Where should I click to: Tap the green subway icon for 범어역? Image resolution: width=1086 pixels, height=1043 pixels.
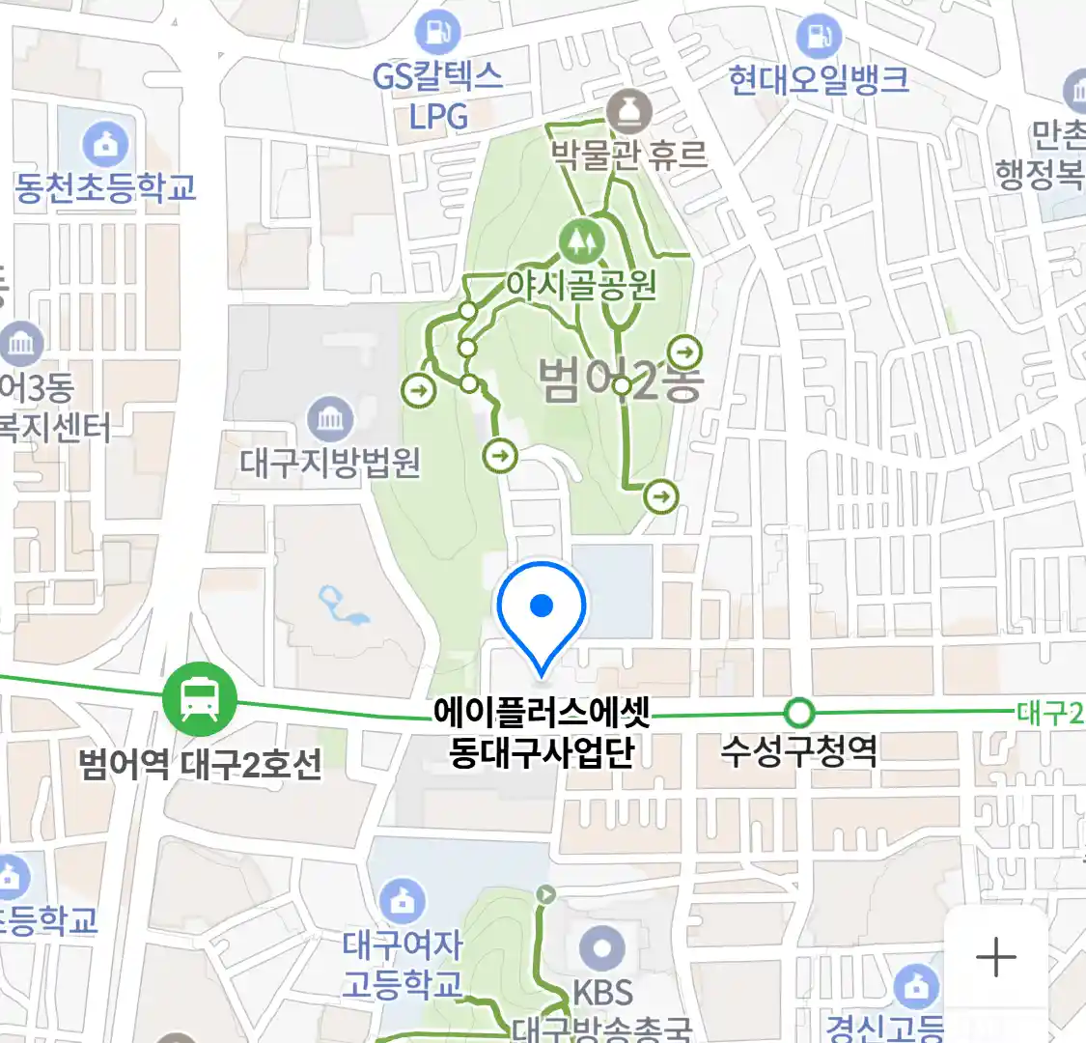200,699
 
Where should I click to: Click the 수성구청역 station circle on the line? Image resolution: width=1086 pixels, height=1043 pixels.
799,714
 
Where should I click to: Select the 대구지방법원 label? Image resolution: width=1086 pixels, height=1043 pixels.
330,463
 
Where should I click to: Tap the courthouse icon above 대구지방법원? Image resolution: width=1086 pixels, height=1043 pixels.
330,419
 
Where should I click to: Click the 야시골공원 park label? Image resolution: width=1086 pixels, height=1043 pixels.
581,285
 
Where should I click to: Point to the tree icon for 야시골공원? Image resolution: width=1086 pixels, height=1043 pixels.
580,239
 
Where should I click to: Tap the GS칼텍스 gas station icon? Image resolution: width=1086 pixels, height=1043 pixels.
437,32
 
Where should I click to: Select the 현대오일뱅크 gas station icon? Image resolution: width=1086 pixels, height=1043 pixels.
819,38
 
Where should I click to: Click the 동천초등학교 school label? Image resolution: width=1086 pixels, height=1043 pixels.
105,187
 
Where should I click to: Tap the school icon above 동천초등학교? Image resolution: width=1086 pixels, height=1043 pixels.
105,145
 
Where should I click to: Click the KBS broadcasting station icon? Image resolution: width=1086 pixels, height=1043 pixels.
602,947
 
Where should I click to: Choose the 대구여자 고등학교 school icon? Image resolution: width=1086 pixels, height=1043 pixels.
403,900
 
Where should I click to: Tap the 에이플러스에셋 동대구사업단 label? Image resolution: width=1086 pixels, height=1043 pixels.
543,733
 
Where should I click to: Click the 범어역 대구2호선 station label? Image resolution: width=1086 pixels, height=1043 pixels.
200,764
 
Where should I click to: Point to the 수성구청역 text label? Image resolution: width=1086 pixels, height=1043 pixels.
799,750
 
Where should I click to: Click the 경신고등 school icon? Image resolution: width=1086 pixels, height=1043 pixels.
915,987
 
